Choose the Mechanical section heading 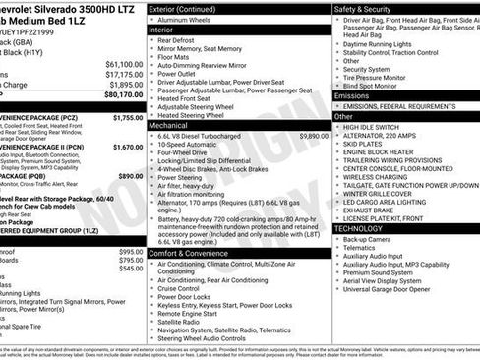pos(168,126)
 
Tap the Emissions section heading pos(352,95)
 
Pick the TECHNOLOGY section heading pos(358,228)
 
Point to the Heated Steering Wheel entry pos(193,116)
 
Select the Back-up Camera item pos(367,239)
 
